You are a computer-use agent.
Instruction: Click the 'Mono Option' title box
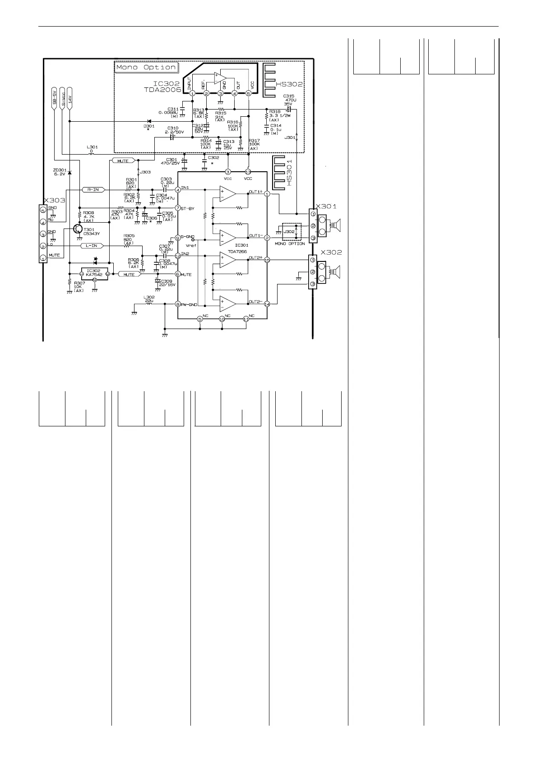click(146, 68)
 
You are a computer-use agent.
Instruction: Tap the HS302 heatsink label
click(289, 84)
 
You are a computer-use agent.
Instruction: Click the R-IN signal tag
click(93, 190)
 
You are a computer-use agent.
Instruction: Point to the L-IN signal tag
click(93, 246)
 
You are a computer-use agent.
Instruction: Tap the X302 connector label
click(331, 253)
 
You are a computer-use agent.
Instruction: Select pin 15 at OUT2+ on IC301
click(267, 260)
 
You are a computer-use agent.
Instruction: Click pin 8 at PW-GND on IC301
click(178, 304)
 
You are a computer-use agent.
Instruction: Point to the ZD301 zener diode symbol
click(69, 174)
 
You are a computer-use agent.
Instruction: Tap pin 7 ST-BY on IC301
click(178, 208)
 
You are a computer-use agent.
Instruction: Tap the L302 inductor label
click(148, 297)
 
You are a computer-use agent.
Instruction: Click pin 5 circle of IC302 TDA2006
click(248, 93)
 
